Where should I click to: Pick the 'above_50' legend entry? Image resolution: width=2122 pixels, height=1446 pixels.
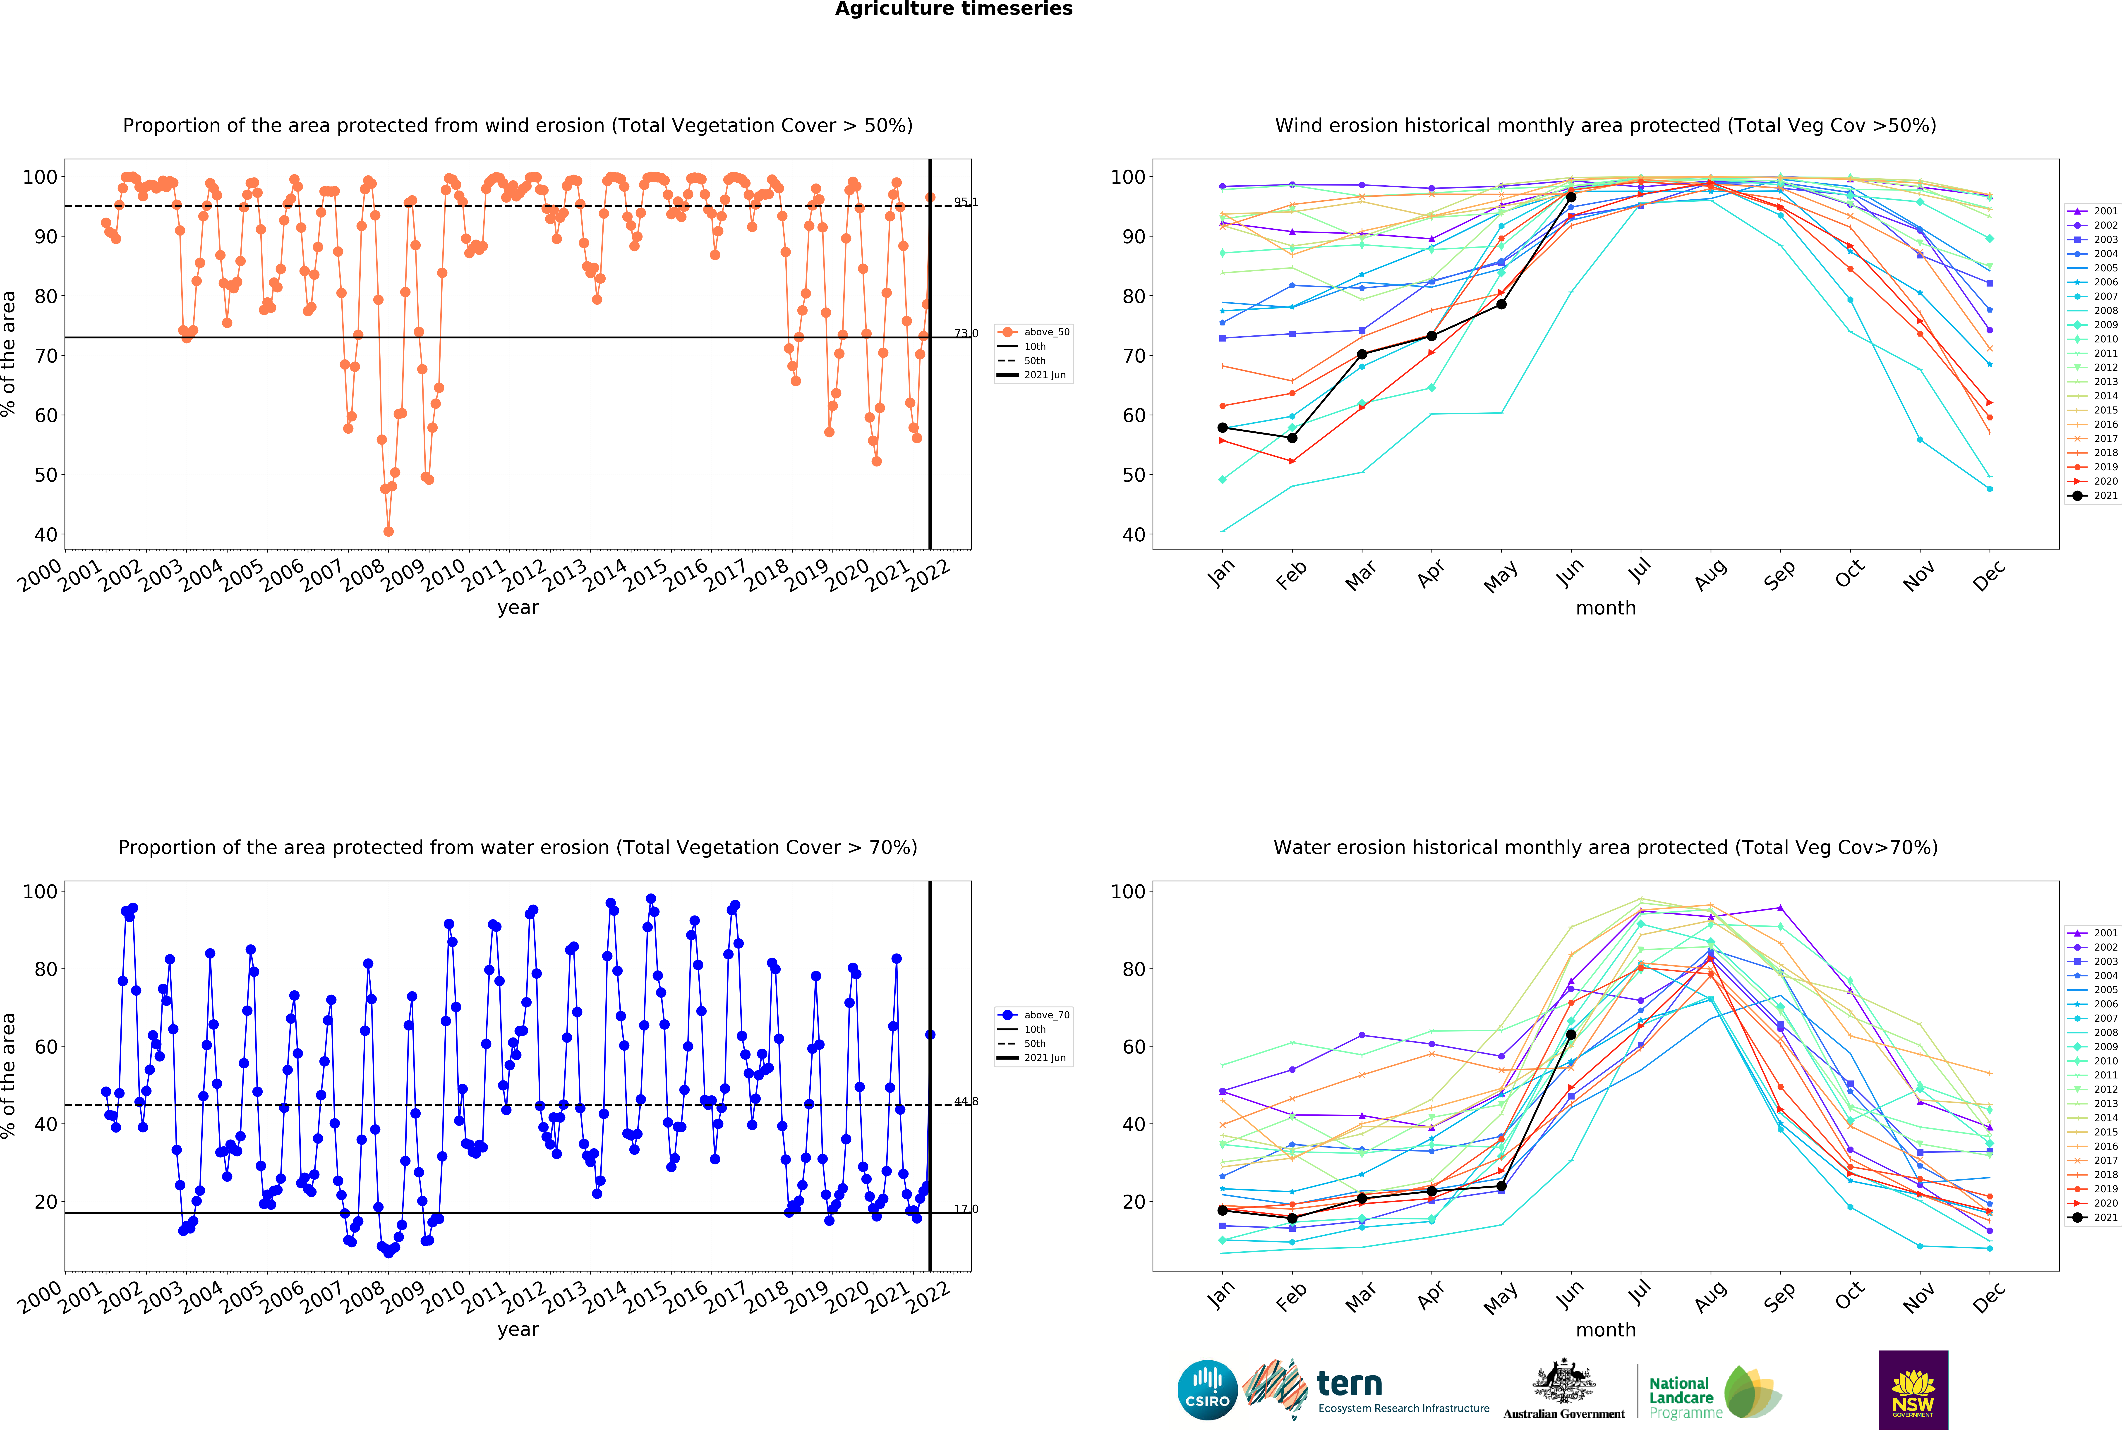[x=1034, y=332]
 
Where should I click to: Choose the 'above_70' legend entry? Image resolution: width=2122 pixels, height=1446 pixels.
[x=1034, y=1015]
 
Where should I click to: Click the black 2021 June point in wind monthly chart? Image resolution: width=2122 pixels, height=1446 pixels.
[x=1571, y=197]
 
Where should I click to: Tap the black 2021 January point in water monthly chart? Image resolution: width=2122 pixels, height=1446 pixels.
[x=1223, y=1210]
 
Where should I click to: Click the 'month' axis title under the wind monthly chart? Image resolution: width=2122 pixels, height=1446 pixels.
[x=1605, y=608]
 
